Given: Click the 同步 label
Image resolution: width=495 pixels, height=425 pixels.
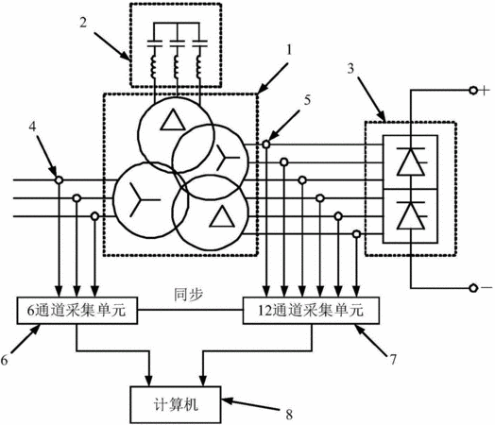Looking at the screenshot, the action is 189,295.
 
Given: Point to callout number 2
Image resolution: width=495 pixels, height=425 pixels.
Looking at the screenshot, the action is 83,23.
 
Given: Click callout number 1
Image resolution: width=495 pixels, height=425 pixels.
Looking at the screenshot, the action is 289,50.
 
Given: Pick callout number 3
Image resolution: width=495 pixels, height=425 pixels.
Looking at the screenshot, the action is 350,69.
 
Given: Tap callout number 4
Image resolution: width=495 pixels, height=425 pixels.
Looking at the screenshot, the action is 32,127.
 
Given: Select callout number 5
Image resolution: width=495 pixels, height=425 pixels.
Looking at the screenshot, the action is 307,100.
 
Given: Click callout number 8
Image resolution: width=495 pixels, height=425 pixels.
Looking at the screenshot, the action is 289,415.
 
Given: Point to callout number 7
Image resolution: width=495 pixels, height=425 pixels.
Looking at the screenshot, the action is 393,360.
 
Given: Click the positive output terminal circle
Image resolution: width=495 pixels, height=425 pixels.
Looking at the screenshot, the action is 473,91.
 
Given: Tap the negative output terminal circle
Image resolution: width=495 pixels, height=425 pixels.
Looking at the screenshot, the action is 473,288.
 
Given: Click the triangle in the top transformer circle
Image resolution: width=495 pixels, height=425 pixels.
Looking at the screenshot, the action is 173,120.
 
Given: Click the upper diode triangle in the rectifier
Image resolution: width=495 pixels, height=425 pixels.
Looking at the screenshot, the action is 410,161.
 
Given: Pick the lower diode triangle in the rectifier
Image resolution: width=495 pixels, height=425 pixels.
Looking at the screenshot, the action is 410,216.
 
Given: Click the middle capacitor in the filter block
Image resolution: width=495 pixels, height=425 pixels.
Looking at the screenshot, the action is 177,43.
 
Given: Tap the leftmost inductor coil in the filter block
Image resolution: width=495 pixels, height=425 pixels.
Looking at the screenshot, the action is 154,66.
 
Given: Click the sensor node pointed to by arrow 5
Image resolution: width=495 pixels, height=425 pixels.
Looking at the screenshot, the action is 266,144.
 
